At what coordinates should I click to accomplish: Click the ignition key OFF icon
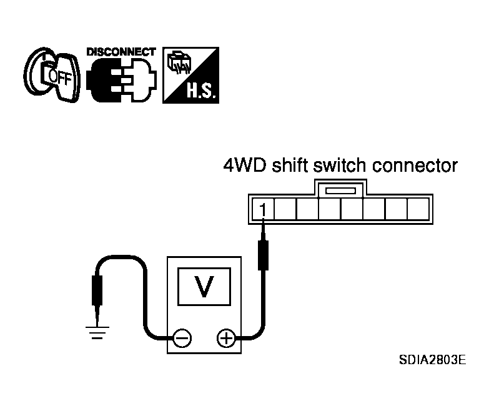click(x=52, y=75)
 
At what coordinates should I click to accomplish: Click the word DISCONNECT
click(x=121, y=52)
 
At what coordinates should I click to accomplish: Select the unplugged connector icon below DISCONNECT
click(x=122, y=80)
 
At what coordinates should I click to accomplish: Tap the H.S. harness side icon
click(x=191, y=75)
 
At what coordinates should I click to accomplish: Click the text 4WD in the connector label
click(x=245, y=166)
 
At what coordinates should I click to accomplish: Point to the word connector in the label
click(x=415, y=166)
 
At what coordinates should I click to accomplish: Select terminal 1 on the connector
click(x=263, y=209)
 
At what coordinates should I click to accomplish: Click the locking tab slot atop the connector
click(x=340, y=191)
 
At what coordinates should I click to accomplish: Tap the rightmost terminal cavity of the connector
click(x=418, y=209)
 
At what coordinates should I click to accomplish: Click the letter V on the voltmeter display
click(x=204, y=286)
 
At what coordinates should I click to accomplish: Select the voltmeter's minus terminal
click(x=182, y=338)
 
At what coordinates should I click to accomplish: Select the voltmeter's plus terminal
click(x=226, y=338)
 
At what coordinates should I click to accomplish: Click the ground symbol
click(x=97, y=332)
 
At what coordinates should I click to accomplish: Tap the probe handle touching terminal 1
click(x=263, y=255)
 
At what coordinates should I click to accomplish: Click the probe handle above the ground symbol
click(x=97, y=290)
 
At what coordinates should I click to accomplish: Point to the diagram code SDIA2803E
click(x=432, y=360)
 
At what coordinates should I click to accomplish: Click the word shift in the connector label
click(x=289, y=165)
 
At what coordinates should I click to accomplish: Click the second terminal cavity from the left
click(x=285, y=209)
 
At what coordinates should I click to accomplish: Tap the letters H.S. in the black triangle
click(x=201, y=91)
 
